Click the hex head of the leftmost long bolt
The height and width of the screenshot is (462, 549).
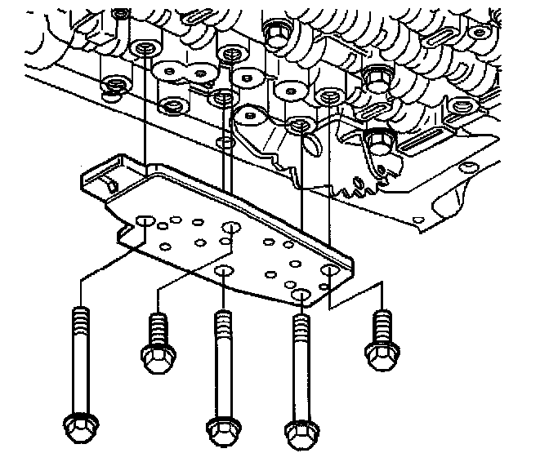79,426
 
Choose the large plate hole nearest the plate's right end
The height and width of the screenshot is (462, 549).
330,271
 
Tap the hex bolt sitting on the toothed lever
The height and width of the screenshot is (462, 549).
378,142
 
